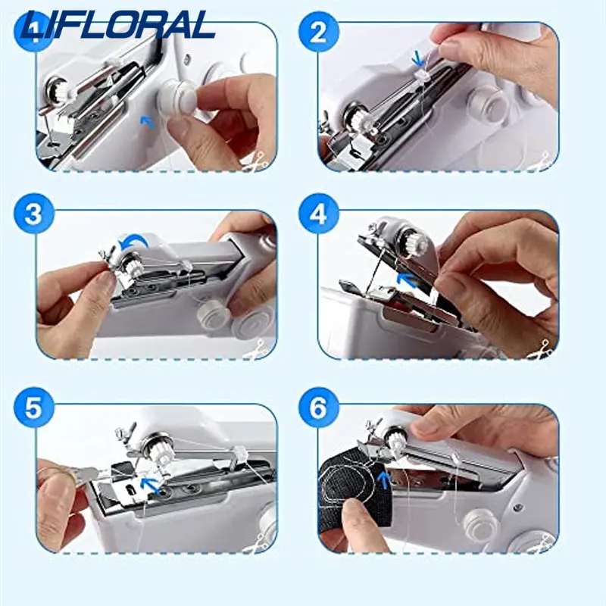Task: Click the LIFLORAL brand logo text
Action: tap(119, 25)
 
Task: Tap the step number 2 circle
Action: tap(318, 33)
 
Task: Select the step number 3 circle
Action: tap(33, 214)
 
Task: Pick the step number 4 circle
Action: tap(318, 214)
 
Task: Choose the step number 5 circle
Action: tap(33, 408)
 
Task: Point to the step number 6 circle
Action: tap(318, 408)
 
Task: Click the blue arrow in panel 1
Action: tap(147, 122)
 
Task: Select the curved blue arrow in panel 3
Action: tap(133, 242)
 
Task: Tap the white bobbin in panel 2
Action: tap(489, 103)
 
